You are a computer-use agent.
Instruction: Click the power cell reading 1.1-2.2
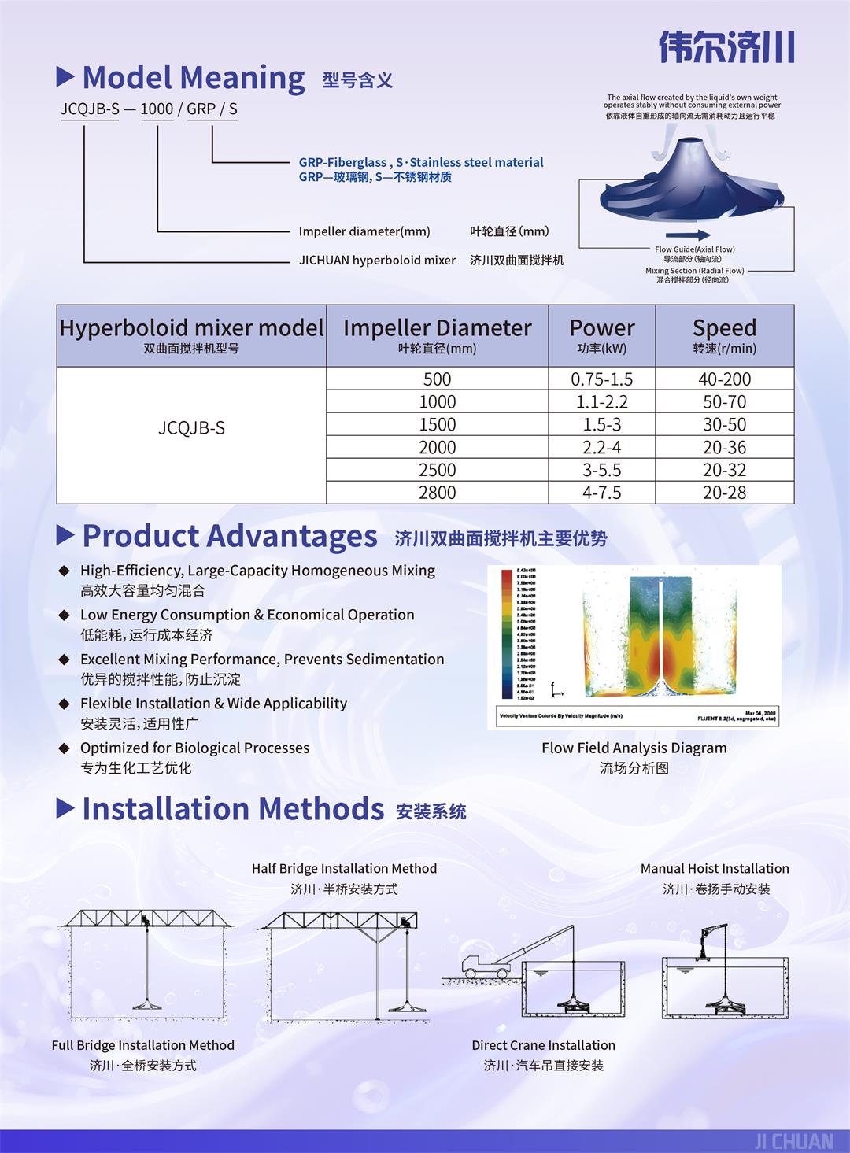click(602, 401)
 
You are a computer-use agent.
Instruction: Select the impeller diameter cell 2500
click(437, 470)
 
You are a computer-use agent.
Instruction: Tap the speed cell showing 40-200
click(724, 379)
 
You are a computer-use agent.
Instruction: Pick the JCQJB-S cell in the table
click(191, 427)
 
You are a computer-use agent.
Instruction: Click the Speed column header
click(724, 335)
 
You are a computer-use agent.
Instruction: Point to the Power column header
click(602, 335)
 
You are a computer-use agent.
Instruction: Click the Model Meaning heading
click(193, 78)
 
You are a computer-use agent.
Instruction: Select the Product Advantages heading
click(229, 536)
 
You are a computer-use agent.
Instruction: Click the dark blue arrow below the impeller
click(688, 235)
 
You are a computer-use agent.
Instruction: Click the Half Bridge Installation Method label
click(344, 868)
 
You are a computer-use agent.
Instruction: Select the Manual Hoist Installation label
click(715, 868)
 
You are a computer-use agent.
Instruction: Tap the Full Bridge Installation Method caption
click(143, 1045)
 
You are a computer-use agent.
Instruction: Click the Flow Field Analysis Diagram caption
click(634, 748)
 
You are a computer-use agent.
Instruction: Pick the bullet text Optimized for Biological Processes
click(194, 748)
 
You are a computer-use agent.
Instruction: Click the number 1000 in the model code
click(157, 109)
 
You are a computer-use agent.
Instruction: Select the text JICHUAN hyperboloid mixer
click(377, 260)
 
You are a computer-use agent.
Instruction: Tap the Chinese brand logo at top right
click(726, 46)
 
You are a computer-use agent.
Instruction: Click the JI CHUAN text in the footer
click(793, 1141)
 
